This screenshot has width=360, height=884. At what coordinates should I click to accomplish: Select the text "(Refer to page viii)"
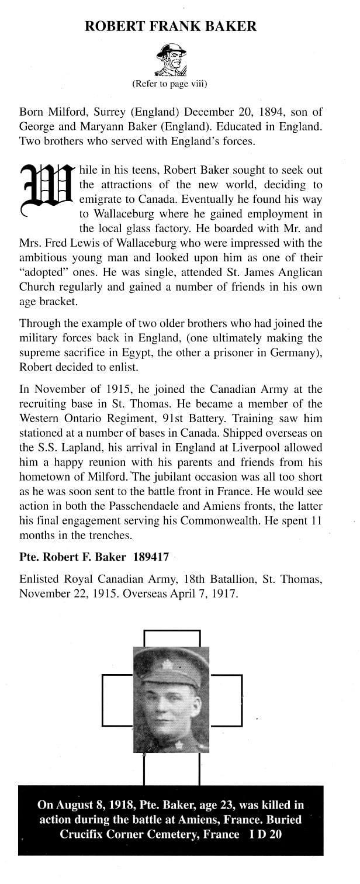(x=170, y=84)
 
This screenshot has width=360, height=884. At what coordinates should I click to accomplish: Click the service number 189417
(x=151, y=557)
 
